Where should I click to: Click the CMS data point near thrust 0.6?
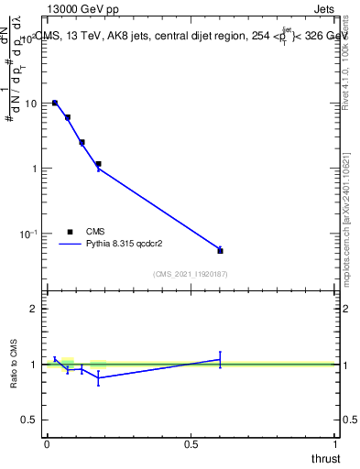point(220,250)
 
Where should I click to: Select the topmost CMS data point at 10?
point(55,104)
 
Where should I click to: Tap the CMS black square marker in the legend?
point(70,232)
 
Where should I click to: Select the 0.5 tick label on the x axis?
point(191,443)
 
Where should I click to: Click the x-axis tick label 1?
point(335,443)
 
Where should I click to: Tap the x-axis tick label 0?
point(47,443)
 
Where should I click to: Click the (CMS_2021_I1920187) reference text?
point(190,273)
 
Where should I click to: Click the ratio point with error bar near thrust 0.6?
point(220,359)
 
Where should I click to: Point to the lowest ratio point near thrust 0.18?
point(98,377)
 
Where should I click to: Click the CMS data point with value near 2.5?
point(82,142)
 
